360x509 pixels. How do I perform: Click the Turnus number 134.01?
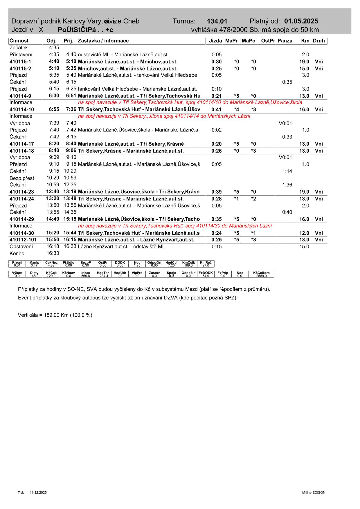[x=217, y=21]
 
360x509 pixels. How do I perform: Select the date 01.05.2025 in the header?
[x=301, y=21]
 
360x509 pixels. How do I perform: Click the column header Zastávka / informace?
[x=103, y=41]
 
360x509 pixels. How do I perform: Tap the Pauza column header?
[x=285, y=41]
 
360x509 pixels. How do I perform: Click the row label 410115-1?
[x=20, y=62]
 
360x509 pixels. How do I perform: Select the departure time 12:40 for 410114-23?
[x=53, y=192]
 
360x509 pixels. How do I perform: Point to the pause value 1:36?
[x=287, y=185]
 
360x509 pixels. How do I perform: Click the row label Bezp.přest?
[x=22, y=178]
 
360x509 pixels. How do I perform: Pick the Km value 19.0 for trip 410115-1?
[x=304, y=62]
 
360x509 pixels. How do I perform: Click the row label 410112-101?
[x=23, y=240]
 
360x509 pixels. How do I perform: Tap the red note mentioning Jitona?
[x=164, y=116]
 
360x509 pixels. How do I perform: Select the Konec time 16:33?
[x=53, y=253]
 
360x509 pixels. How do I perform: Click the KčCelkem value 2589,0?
[x=261, y=276]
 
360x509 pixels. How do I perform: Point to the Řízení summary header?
[x=17, y=262]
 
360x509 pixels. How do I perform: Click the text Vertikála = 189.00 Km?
[x=55, y=315]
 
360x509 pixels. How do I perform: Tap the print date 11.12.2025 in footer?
[x=38, y=492]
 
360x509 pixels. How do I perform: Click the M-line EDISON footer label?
[x=314, y=492]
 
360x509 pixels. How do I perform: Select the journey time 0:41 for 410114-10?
[x=216, y=109]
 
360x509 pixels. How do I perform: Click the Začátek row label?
[x=19, y=48]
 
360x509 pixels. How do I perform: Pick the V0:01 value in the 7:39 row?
[x=285, y=123]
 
